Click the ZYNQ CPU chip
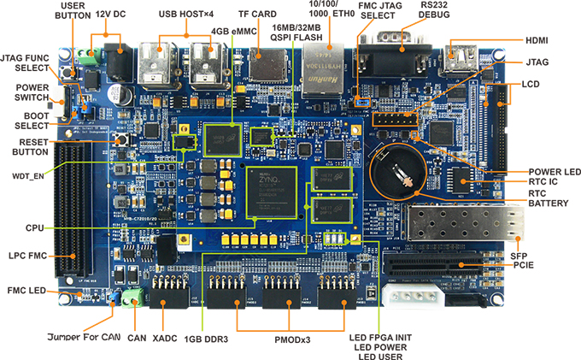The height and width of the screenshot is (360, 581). [x=271, y=192]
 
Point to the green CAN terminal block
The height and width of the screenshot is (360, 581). [x=132, y=298]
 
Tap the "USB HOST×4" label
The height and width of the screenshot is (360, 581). [x=187, y=15]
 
